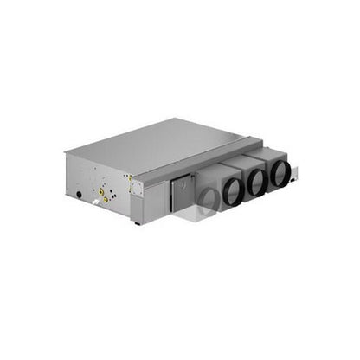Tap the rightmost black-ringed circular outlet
point(280,173)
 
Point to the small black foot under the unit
point(137,222)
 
